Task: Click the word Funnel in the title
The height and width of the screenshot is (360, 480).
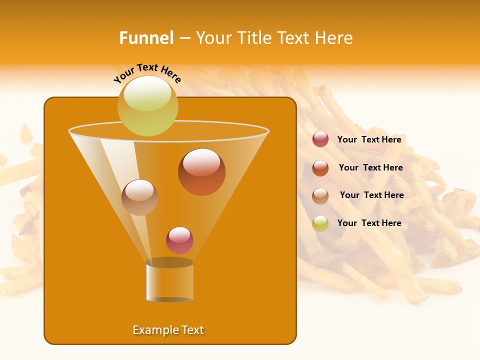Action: tap(146, 38)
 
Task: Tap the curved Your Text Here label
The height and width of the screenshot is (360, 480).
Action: tap(147, 73)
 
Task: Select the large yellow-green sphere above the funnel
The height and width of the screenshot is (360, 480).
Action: tap(148, 106)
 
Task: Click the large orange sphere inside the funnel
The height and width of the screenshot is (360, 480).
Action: tap(202, 172)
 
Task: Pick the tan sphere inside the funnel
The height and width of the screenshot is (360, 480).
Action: tap(139, 197)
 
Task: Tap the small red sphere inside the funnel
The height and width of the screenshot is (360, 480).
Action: tap(179, 240)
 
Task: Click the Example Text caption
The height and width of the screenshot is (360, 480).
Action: tap(168, 330)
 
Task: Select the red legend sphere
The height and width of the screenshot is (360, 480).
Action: tap(320, 139)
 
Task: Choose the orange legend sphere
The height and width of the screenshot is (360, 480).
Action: tap(320, 168)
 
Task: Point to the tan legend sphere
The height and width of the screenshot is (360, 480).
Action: tap(320, 196)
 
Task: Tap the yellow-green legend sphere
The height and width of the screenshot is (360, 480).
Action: tap(320, 223)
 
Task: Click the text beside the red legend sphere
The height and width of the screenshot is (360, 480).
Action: tap(369, 139)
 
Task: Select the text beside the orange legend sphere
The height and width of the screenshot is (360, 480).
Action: tap(370, 167)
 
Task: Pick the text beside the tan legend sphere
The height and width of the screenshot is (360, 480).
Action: tap(371, 195)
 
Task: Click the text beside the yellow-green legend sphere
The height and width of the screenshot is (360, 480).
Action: tap(369, 223)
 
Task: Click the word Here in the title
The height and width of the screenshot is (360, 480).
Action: tap(334, 38)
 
